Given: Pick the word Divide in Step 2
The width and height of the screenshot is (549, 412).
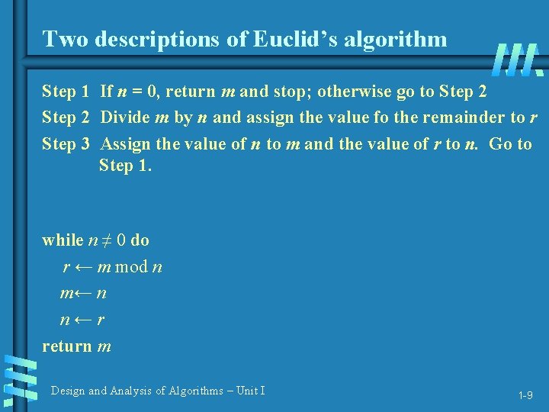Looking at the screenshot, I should tap(126, 117).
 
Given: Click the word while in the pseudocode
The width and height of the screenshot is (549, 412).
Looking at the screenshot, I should tap(63, 240).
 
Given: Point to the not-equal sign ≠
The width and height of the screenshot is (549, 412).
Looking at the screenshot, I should tap(111, 240).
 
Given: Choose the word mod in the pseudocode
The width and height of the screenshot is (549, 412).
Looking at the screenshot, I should tap(133, 267).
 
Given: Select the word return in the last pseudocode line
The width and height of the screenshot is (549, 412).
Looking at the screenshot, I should tap(67, 346).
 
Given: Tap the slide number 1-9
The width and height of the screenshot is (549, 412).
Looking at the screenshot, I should tap(525, 395).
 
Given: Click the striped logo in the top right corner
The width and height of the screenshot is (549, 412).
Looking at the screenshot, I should tap(518, 60).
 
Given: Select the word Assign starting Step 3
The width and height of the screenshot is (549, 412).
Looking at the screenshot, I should tap(125, 143).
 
